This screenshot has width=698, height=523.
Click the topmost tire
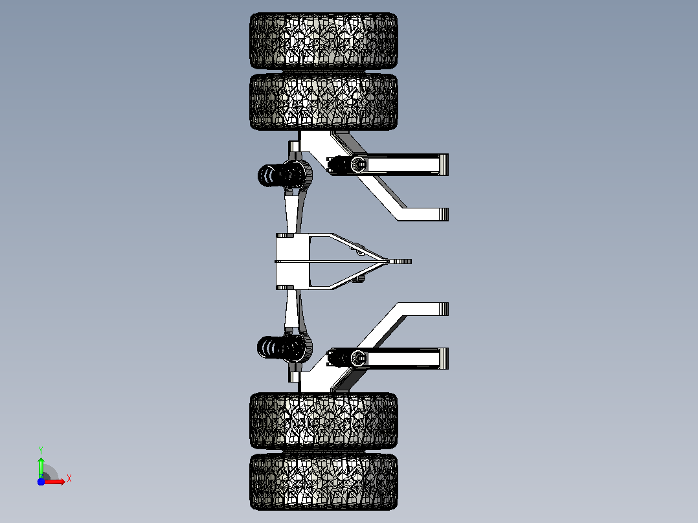click(x=324, y=41)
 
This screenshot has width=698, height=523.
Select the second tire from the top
click(x=324, y=102)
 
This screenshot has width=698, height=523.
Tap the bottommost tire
click(x=324, y=482)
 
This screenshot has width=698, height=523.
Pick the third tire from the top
click(x=324, y=421)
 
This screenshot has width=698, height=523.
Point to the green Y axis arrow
click(x=41, y=467)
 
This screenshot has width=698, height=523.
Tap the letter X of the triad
click(x=69, y=479)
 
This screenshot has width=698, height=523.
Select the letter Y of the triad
click(x=41, y=450)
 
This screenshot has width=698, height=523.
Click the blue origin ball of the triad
click(x=41, y=482)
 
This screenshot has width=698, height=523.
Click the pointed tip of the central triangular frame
click(x=411, y=261)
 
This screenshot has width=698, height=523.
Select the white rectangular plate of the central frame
click(x=293, y=261)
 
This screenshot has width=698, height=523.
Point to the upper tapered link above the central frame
click(x=292, y=211)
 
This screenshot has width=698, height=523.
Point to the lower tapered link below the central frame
click(x=292, y=311)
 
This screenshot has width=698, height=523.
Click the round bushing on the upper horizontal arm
click(x=358, y=164)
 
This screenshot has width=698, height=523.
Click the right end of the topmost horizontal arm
click(x=444, y=164)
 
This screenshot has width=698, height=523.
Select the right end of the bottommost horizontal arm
click(x=444, y=359)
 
